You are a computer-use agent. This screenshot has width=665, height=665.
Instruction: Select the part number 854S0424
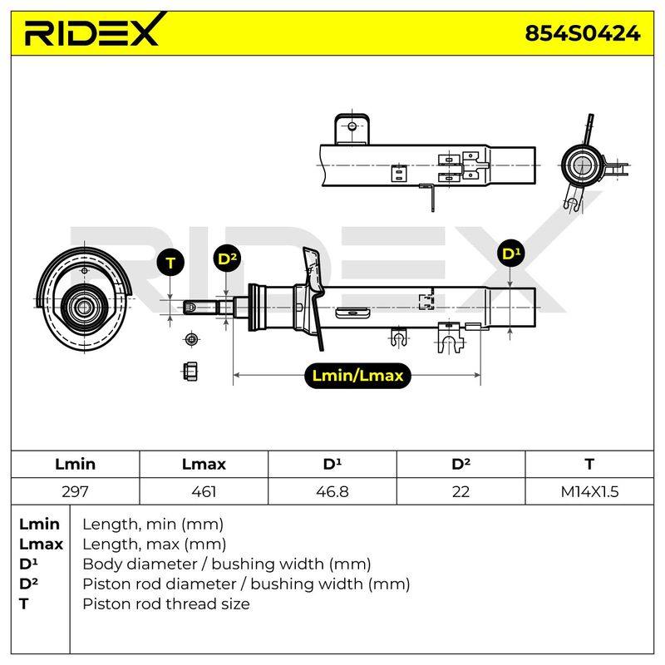click(583, 33)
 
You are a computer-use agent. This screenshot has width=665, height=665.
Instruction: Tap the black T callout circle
click(170, 263)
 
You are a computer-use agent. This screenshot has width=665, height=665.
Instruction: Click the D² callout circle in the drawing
click(227, 259)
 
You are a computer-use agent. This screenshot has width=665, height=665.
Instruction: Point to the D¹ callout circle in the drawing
click(510, 254)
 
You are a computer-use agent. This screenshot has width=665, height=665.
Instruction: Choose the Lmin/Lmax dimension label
click(357, 376)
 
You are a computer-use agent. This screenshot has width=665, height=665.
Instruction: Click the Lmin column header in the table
click(75, 464)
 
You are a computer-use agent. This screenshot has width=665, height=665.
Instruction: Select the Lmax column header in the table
click(204, 464)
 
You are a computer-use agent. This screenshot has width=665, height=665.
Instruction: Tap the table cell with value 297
click(75, 491)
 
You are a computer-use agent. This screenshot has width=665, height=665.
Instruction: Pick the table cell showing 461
click(204, 491)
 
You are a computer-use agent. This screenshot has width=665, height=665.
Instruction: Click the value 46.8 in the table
click(332, 491)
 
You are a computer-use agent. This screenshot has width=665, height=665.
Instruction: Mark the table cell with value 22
click(461, 491)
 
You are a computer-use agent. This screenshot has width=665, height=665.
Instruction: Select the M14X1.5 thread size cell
click(589, 491)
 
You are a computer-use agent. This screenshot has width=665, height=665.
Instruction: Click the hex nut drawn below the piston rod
click(191, 372)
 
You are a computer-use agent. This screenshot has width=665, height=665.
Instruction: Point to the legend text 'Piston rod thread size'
click(165, 603)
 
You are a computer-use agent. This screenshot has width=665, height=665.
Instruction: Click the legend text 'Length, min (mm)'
click(153, 525)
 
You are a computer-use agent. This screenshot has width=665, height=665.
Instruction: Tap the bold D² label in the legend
click(28, 584)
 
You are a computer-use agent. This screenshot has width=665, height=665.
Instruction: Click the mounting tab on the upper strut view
click(352, 129)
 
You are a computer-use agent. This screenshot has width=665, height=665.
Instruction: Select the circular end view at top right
click(581, 165)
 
